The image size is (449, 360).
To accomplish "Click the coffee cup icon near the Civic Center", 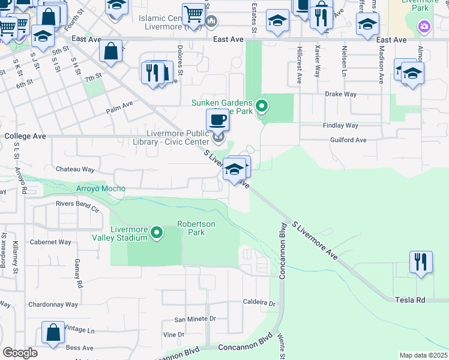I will click(217, 120).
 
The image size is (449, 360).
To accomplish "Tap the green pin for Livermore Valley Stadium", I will click(157, 232).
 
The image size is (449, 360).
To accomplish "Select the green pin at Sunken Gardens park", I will click(262, 107).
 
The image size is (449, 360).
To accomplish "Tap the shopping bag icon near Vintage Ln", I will click(53, 333).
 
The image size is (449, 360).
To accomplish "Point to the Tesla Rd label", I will click(410, 299).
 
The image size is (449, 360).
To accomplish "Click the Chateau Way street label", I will click(75, 170).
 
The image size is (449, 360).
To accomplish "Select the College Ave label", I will click(25, 136).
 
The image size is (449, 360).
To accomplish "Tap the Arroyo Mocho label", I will click(101, 188).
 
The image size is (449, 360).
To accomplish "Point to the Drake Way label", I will click(340, 94).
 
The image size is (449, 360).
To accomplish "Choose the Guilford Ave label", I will click(348, 140).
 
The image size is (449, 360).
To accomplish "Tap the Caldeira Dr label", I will click(259, 303).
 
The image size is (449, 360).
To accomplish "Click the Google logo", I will click(20, 353).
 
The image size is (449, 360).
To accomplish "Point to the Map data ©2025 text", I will click(423, 355).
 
